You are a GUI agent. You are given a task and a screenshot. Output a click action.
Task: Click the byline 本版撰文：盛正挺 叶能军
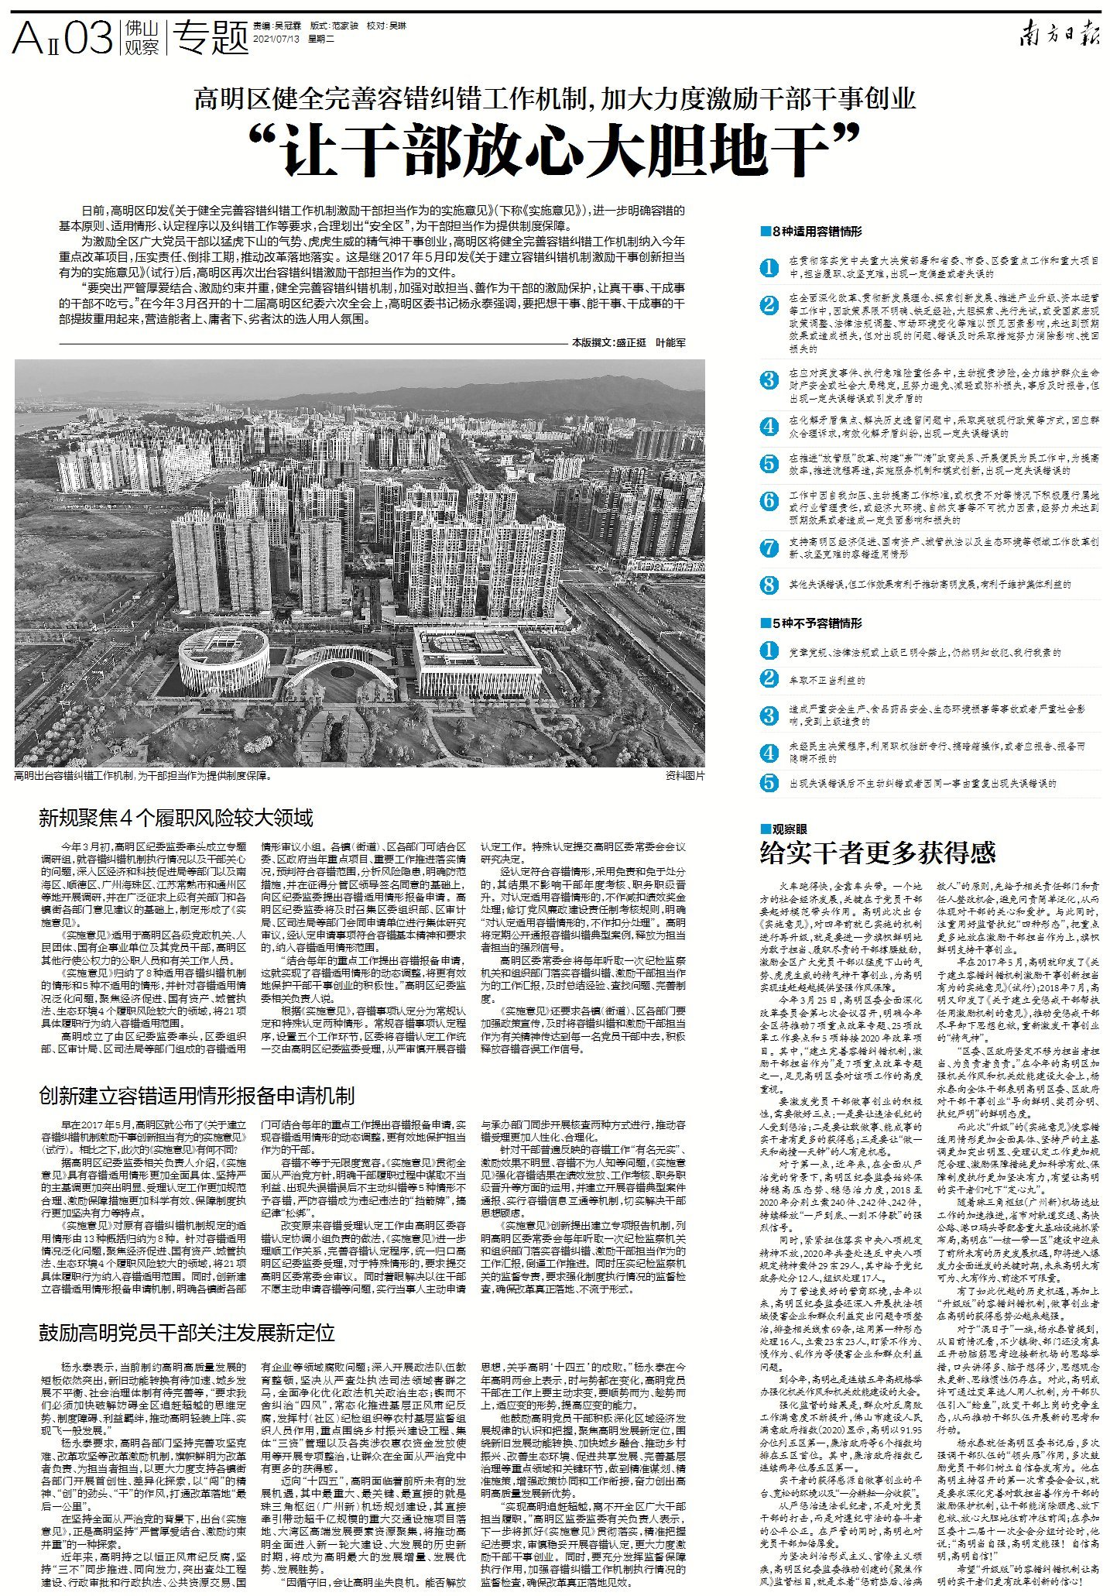click(629, 342)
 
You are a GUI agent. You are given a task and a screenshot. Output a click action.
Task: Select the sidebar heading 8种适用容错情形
click(814, 232)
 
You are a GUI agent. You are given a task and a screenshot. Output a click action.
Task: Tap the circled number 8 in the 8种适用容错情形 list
click(769, 585)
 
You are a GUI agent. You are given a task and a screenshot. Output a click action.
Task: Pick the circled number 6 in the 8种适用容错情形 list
click(769, 500)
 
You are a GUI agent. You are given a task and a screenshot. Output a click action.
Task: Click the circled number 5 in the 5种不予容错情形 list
click(769, 783)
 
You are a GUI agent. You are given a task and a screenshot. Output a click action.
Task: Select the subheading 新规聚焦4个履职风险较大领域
click(176, 818)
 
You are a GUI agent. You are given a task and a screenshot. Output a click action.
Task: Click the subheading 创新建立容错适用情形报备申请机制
click(197, 1096)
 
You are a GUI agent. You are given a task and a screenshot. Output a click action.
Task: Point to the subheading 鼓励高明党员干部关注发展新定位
click(187, 1332)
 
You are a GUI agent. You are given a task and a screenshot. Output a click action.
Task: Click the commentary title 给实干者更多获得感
click(878, 853)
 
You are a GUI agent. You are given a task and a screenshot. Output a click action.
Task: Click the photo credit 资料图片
click(684, 775)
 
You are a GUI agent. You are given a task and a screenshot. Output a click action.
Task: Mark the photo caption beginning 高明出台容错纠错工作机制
click(143, 775)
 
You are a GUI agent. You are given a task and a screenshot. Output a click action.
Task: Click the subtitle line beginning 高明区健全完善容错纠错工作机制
click(554, 98)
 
